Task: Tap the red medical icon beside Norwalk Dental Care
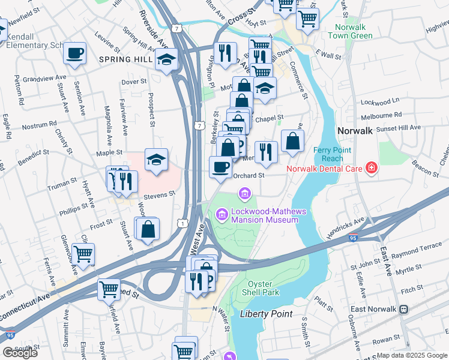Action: pos(372,168)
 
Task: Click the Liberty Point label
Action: pos(266,314)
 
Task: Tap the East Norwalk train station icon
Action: pos(404,309)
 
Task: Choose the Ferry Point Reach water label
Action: pos(328,154)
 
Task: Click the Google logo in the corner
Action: pos(20,353)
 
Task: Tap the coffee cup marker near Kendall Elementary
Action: pos(75,53)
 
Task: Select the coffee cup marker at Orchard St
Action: pos(220,166)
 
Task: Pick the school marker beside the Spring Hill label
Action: pos(166,59)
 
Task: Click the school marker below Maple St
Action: pos(156,160)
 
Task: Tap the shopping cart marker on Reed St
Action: pos(109,289)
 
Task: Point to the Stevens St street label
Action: pos(158,195)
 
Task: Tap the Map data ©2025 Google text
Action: pos(411,355)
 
